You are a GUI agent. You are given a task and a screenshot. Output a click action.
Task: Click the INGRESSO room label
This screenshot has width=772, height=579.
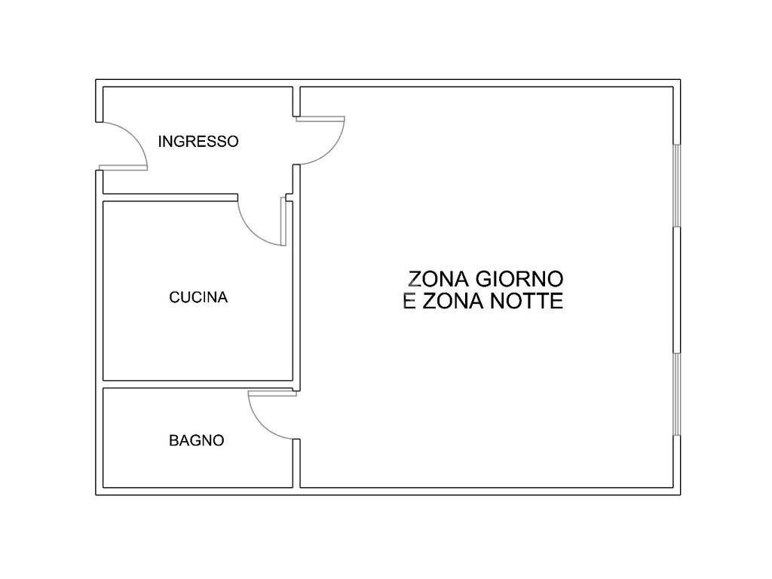[198, 141]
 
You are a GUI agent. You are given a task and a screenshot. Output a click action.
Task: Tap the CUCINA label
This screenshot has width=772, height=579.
[198, 297]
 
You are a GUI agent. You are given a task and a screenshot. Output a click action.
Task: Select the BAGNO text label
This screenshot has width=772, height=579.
[196, 440]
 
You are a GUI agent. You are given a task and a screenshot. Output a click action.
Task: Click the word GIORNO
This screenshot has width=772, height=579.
[519, 279]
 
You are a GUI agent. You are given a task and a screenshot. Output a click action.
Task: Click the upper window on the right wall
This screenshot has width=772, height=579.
[676, 185]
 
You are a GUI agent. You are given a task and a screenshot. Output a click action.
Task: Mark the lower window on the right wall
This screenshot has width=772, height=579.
[676, 394]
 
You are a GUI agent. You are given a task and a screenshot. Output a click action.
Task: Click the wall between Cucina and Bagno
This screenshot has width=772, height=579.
[198, 384]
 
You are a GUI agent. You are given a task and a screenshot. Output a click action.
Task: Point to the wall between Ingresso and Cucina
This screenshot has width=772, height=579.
[170, 197]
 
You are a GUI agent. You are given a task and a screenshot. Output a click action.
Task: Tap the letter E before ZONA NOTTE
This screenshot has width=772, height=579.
[410, 302]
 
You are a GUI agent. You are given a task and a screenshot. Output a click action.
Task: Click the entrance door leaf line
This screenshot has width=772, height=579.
[123, 167]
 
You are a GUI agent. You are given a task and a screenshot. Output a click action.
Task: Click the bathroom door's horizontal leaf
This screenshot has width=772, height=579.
[271, 393]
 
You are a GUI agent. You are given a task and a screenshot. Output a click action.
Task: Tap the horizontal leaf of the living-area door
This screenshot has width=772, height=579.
[320, 118]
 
